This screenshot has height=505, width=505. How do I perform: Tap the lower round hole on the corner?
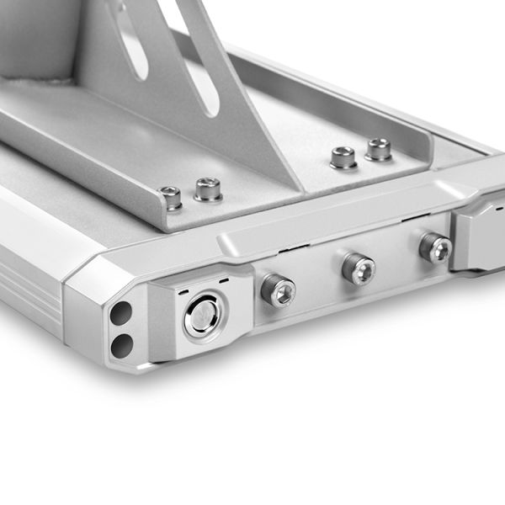(122, 343)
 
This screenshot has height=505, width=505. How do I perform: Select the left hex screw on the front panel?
(278, 291)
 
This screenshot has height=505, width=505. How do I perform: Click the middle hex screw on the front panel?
(359, 269)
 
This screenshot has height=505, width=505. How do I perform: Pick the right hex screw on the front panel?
(435, 247)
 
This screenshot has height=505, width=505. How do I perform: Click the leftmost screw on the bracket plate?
(171, 198)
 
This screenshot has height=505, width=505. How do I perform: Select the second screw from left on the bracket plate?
(208, 188)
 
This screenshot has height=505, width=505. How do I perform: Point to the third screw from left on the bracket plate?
(343, 157)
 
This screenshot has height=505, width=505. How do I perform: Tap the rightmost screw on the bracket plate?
(379, 150)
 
